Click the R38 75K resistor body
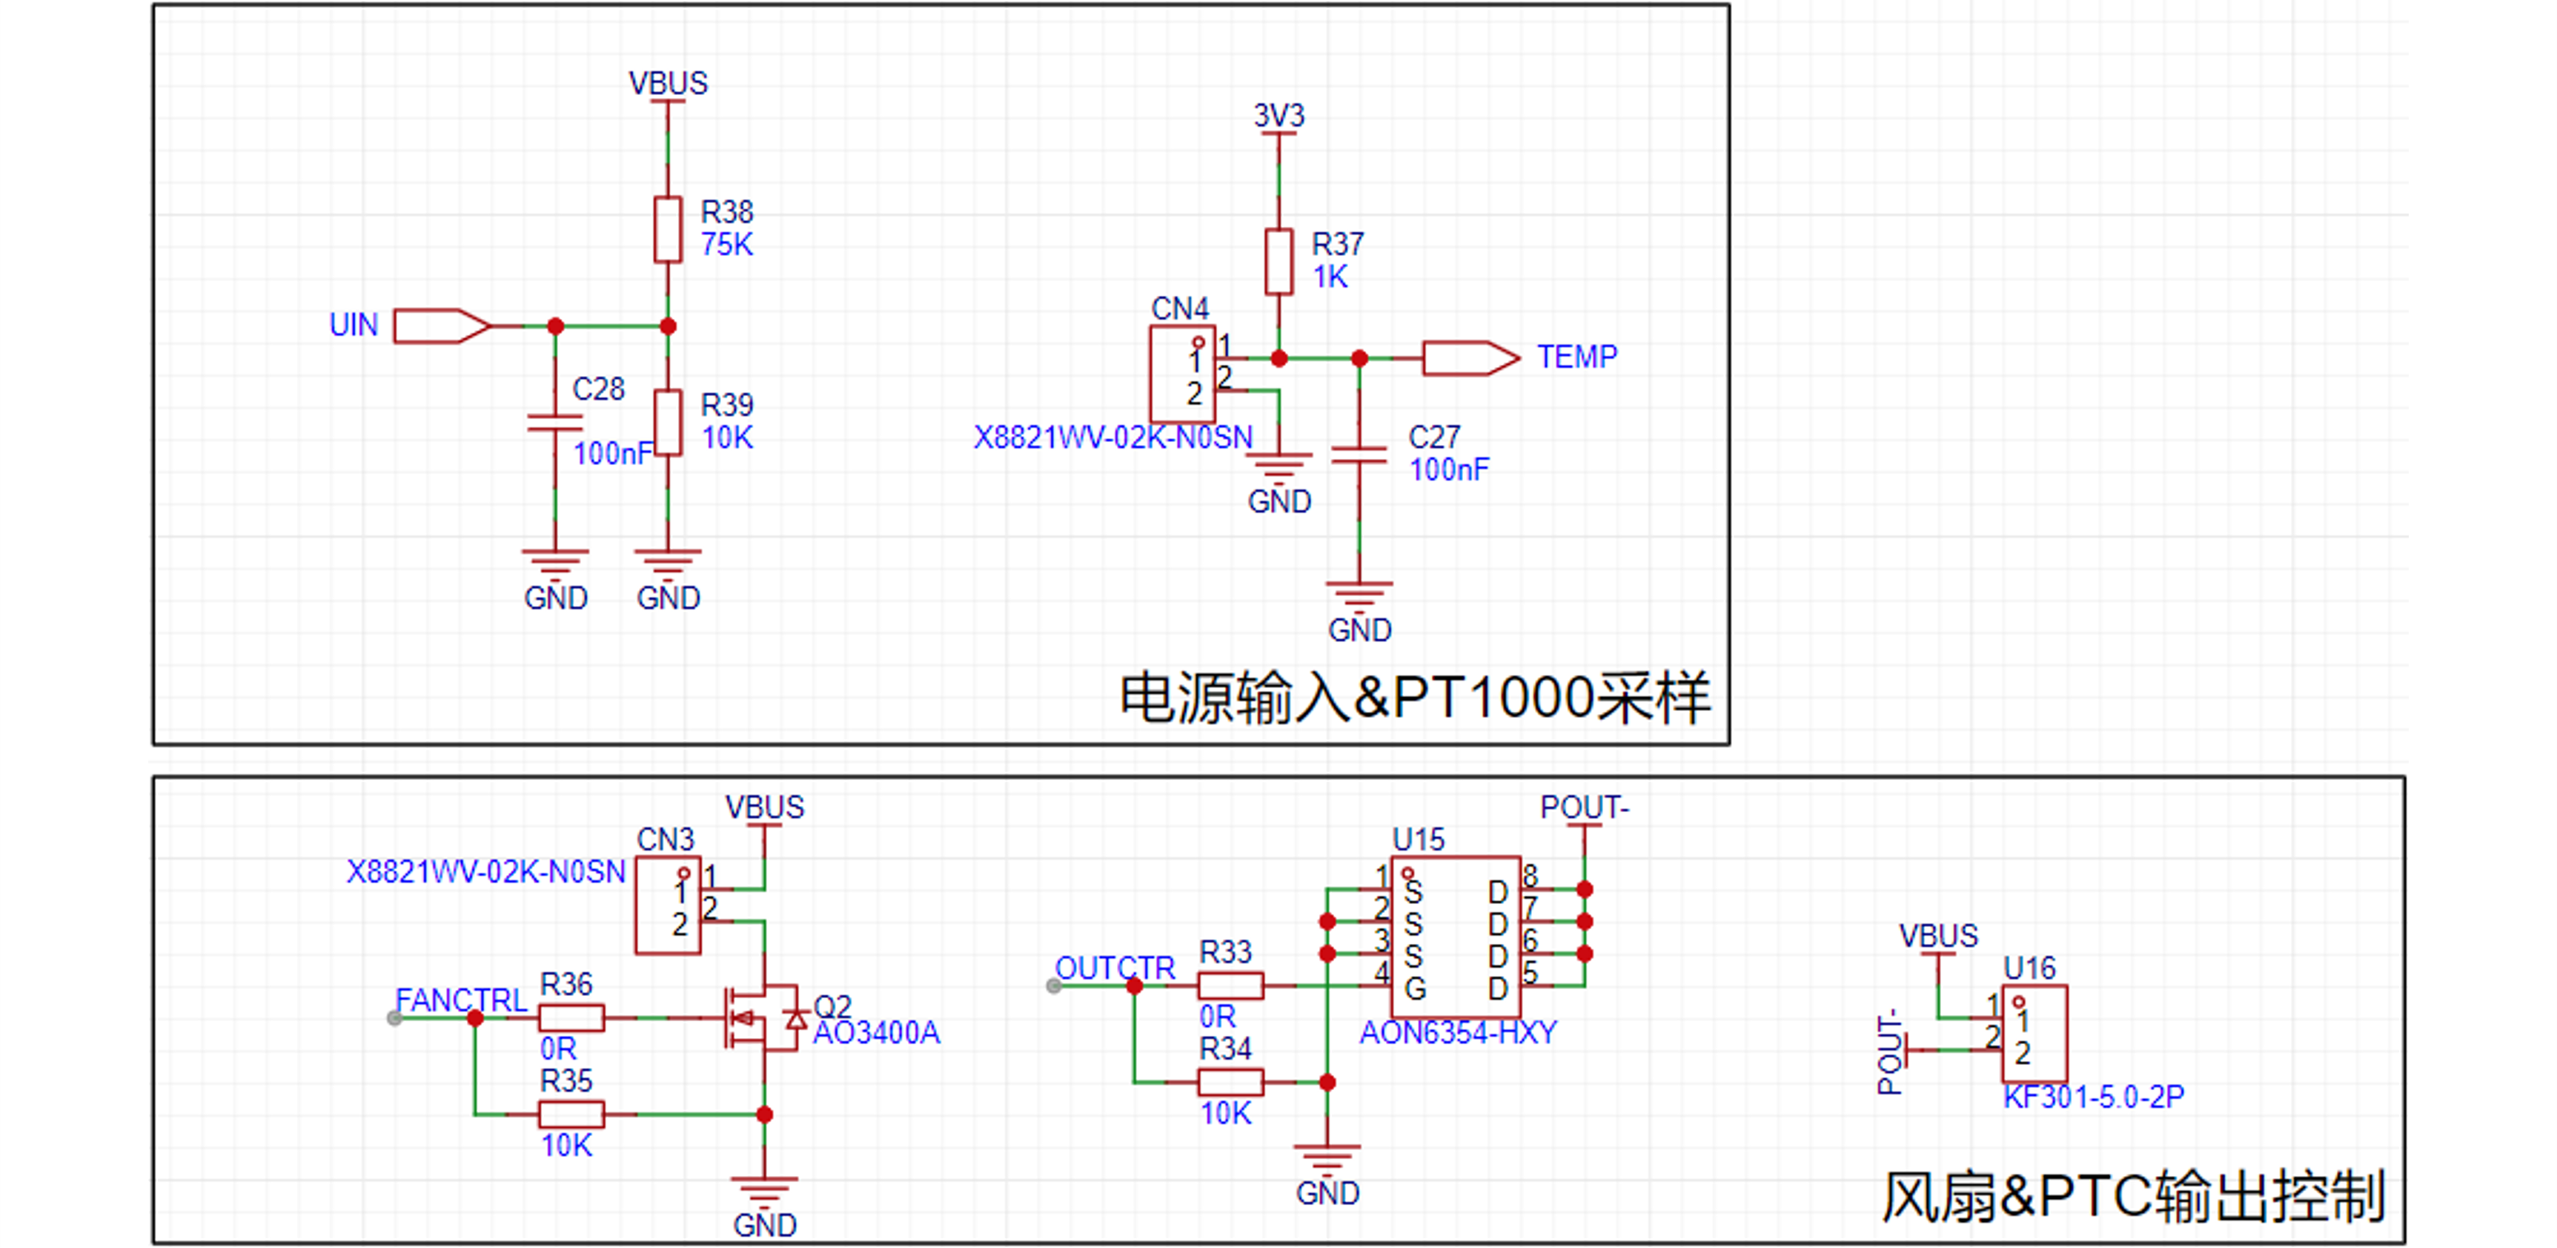coord(668,229)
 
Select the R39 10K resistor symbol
coord(668,423)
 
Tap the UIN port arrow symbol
coord(442,326)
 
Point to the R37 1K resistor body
coord(1278,261)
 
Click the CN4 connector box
coord(1182,374)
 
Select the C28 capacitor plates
coord(555,423)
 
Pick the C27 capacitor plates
coord(1359,455)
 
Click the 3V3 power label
coord(1278,115)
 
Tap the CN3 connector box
coord(668,905)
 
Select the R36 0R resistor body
coord(571,1017)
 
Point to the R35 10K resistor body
coord(571,1114)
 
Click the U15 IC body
coord(1455,937)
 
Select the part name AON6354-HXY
coord(1458,1032)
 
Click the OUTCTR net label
coord(1115,968)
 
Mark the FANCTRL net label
coord(460,1000)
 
